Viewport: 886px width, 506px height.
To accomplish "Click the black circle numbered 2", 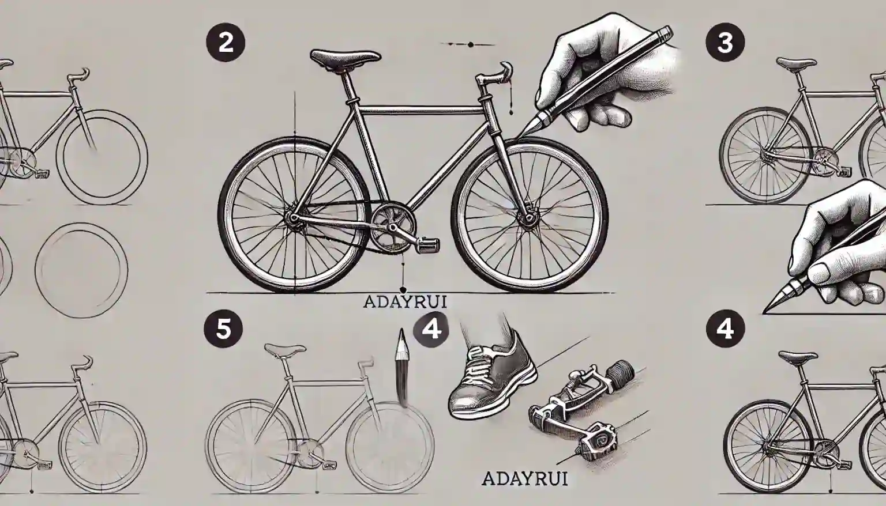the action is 226,43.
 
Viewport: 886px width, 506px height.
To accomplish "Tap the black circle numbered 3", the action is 725,43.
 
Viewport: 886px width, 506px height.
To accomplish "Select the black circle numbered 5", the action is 223,328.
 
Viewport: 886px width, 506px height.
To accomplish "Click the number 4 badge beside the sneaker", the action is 431,328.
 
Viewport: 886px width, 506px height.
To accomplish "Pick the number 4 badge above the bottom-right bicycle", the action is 725,328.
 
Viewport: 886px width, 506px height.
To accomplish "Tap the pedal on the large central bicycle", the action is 427,246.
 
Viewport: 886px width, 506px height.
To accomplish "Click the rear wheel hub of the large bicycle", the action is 292,218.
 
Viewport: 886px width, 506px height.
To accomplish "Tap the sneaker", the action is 493,379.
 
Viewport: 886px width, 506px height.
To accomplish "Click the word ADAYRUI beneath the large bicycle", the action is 404,302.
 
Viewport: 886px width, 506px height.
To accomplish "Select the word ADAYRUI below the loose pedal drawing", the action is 525,479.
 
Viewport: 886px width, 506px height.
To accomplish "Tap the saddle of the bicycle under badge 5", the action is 285,349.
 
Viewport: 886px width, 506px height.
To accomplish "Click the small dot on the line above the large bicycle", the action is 470,45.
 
